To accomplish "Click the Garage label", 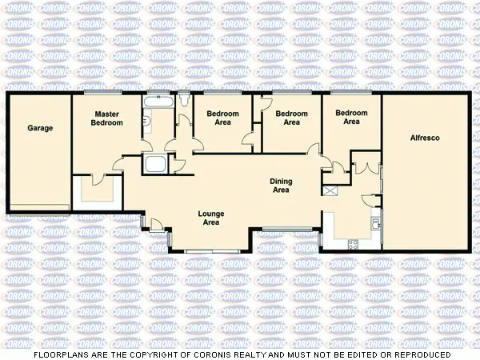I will pos(40,128).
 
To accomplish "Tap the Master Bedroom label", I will pos(106,119).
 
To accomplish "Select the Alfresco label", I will pos(424,138).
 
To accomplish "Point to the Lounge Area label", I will pos(211,218).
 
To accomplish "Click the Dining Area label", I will pos(281,186).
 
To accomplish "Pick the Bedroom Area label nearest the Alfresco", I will pos(351,118).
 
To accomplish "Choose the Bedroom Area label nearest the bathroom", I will pos(223,118).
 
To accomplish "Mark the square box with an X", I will pos(330,192).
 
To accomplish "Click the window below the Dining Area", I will pos(286,231).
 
